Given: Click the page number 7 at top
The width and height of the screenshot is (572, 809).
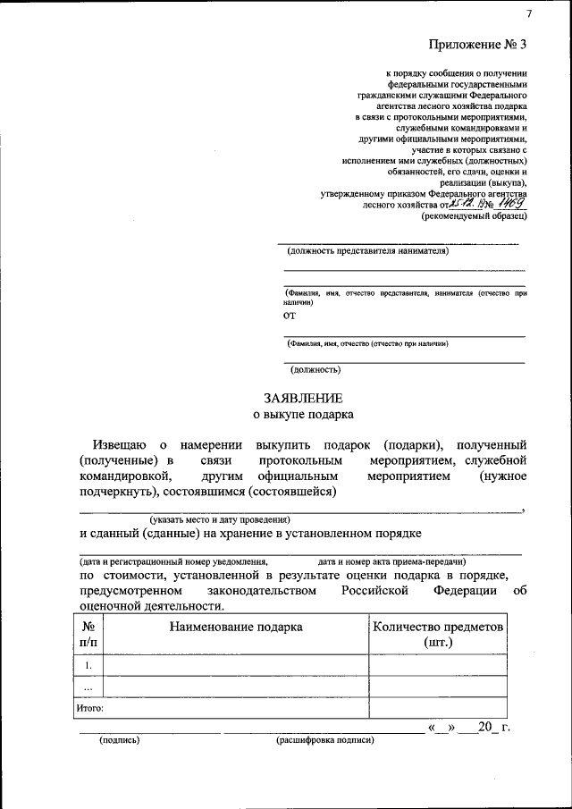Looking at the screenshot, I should pyautogui.click(x=529, y=13).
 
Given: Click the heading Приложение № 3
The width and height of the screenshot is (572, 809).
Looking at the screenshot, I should pyautogui.click(x=478, y=44).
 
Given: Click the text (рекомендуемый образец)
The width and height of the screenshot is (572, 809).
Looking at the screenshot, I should pyautogui.click(x=474, y=215).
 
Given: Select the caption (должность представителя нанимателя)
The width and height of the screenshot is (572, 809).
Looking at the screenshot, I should pyautogui.click(x=368, y=250).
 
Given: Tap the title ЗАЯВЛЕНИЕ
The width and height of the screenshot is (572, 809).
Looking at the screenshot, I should pyautogui.click(x=302, y=398).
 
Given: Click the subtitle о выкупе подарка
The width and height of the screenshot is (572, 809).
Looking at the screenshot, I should pyautogui.click(x=302, y=414).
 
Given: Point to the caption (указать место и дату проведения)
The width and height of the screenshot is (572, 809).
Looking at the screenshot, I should pyautogui.click(x=220, y=518).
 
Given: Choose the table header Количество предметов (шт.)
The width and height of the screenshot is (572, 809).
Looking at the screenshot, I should pyautogui.click(x=438, y=634).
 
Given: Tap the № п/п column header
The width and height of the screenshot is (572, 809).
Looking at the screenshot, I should pyautogui.click(x=88, y=634).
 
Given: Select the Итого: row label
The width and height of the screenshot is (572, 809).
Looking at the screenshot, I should pyautogui.click(x=90, y=707).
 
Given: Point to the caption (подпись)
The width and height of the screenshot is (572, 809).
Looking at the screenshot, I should pyautogui.click(x=120, y=740).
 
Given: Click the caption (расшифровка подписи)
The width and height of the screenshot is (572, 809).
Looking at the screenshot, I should pyautogui.click(x=324, y=740).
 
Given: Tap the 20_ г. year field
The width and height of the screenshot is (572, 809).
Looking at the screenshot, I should pyautogui.click(x=492, y=727).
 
